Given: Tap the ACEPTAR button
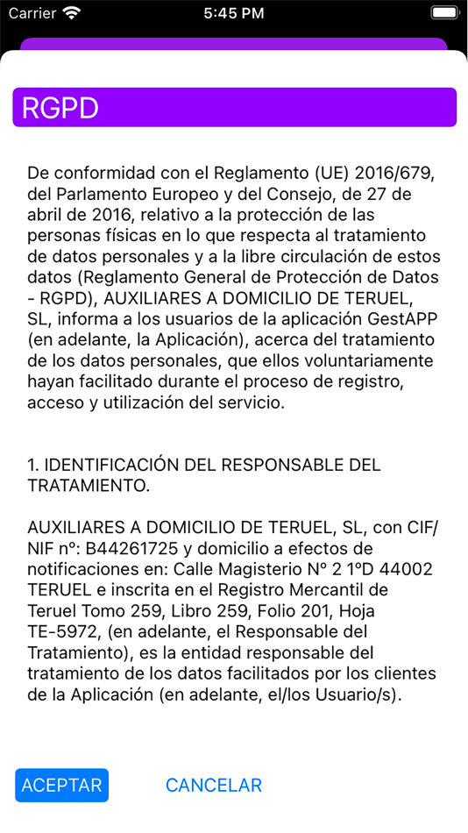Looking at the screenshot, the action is coord(61,785).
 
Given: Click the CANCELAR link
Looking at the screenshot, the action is coord(214,785).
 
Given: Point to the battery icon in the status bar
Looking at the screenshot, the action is coord(444,13).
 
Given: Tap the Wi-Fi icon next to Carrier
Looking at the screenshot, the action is coord(72,13).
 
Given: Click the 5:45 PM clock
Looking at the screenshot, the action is coord(233,13).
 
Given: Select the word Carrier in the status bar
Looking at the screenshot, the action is coord(32,13).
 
